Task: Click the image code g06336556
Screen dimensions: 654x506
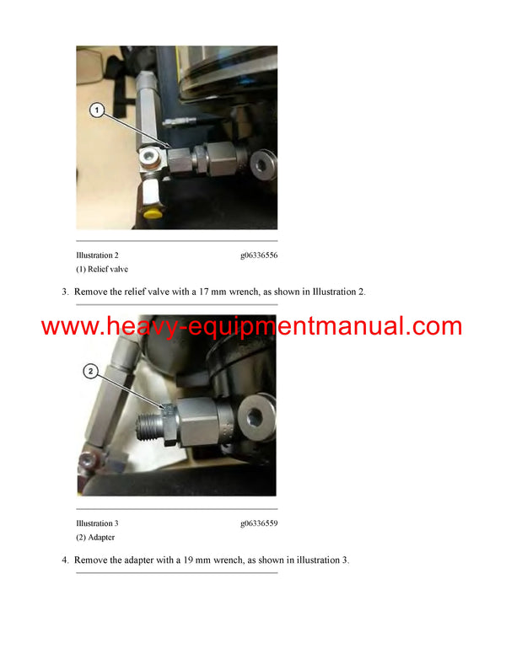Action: click(x=259, y=255)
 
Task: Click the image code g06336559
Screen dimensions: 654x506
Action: click(x=259, y=523)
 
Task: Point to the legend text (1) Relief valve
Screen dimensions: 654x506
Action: click(x=102, y=269)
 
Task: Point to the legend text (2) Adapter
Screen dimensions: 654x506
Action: click(x=95, y=537)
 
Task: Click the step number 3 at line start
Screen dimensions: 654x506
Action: click(x=64, y=292)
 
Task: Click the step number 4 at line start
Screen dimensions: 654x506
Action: click(x=64, y=560)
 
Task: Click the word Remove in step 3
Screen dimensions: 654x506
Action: click(x=91, y=292)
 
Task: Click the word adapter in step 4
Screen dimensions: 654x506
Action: click(x=144, y=560)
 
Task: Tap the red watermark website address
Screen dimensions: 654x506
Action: click(x=251, y=326)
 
